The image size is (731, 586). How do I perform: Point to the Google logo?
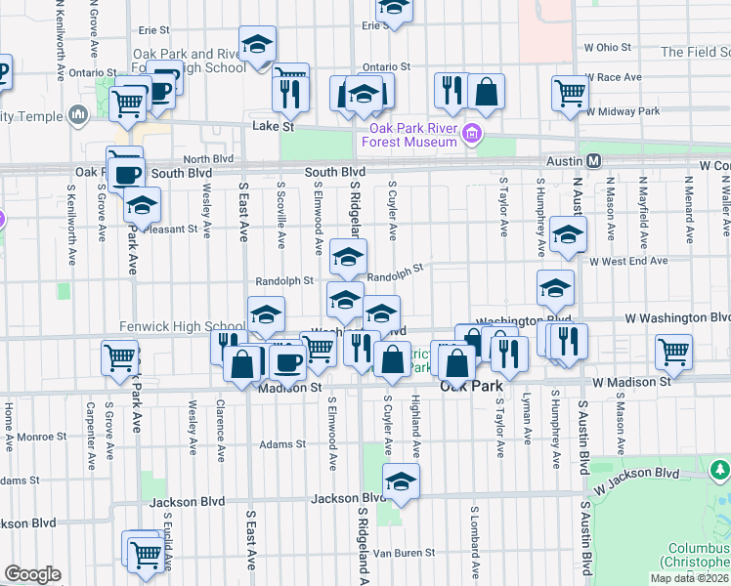32,574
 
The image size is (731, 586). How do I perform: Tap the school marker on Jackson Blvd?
400,481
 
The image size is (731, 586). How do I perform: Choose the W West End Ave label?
627,262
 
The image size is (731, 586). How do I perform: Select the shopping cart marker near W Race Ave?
570,95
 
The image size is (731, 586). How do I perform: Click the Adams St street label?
282,444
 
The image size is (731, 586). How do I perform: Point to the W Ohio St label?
608,47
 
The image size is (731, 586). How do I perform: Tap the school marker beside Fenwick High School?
266,314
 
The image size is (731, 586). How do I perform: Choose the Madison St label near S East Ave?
290,388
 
